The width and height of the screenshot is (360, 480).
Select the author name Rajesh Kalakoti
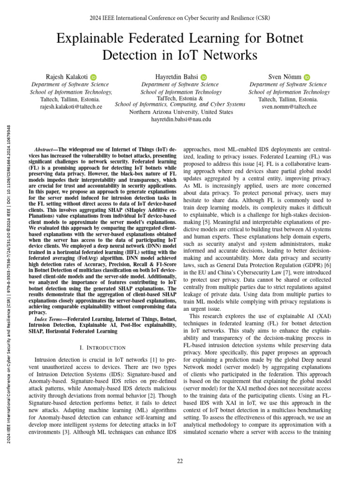tap(64, 76)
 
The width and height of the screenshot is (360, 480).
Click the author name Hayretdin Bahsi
tap(176, 76)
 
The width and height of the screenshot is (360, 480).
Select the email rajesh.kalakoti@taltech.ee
tap(71, 107)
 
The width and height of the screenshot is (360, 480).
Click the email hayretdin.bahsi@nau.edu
tap(180, 120)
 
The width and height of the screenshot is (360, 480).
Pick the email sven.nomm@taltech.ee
tap(289, 107)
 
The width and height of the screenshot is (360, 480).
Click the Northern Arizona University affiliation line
tap(180, 112)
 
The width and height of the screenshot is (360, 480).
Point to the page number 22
tap(180, 461)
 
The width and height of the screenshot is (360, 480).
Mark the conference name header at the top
tap(180, 19)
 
